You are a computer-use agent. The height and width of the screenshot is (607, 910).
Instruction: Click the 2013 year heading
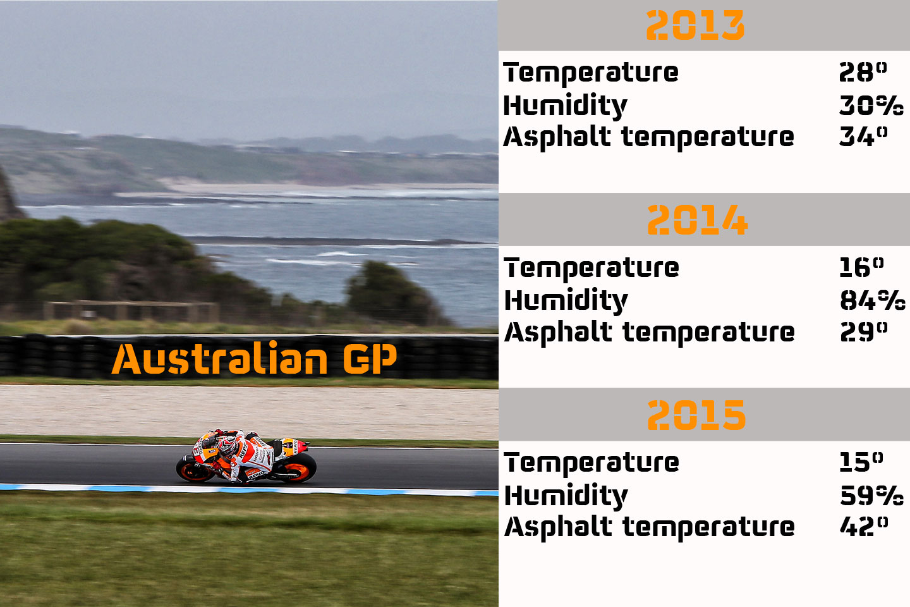pyautogui.click(x=695, y=26)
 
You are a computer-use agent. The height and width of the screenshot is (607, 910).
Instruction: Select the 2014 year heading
pyautogui.click(x=697, y=220)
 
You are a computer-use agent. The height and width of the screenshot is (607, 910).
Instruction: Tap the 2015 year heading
pyautogui.click(x=696, y=415)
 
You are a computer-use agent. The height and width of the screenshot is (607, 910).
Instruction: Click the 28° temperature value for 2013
pyautogui.click(x=863, y=72)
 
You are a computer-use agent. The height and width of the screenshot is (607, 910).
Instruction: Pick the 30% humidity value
pyautogui.click(x=871, y=105)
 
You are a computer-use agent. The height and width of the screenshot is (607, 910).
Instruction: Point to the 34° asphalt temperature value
pyautogui.click(x=863, y=137)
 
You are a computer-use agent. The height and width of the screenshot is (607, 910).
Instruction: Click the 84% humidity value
pyautogui.click(x=872, y=300)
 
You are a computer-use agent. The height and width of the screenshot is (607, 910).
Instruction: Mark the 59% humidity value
pyautogui.click(x=871, y=495)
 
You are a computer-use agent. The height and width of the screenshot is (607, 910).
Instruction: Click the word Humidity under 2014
pyautogui.click(x=566, y=301)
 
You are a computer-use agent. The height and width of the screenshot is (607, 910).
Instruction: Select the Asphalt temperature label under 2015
pyautogui.click(x=649, y=527)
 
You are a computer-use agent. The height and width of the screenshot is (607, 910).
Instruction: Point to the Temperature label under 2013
pyautogui.click(x=591, y=73)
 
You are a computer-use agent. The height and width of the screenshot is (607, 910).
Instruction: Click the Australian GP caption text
pyautogui.click(x=254, y=359)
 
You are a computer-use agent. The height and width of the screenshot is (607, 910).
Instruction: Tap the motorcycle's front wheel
pyautogui.click(x=192, y=469)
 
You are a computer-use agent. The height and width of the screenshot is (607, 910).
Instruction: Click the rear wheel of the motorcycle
pyautogui.click(x=299, y=469)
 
